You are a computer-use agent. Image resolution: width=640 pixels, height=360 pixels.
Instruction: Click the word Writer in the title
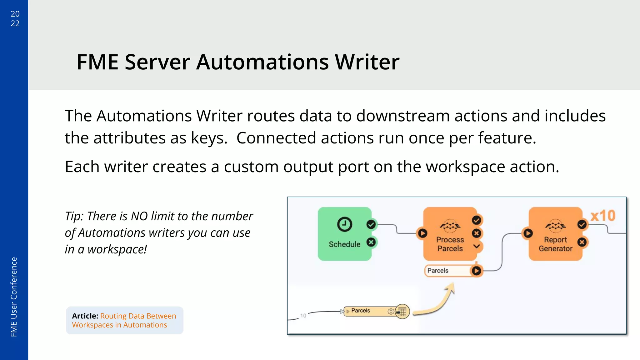click(x=367, y=62)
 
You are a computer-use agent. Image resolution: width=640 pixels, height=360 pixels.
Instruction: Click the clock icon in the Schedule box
click(x=344, y=224)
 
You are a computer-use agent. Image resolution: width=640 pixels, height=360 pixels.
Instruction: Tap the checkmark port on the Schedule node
click(x=371, y=224)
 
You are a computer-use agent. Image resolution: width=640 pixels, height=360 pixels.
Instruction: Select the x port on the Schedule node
click(x=371, y=242)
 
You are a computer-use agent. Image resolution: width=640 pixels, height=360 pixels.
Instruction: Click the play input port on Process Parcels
click(x=422, y=233)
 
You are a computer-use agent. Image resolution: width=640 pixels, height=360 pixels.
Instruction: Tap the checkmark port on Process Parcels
click(x=476, y=220)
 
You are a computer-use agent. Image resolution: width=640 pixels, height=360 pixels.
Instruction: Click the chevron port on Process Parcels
click(x=476, y=246)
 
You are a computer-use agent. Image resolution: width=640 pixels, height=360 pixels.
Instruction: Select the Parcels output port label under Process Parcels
click(x=438, y=271)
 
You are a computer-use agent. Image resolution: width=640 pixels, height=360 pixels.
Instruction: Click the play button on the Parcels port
click(x=476, y=271)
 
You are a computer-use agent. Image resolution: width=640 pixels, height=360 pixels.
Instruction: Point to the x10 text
click(x=603, y=216)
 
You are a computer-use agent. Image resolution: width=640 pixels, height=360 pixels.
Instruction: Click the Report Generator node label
click(x=555, y=244)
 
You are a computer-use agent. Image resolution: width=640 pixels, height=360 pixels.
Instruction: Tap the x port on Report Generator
click(x=582, y=242)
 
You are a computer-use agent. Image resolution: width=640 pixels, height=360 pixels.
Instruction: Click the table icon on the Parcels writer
click(x=402, y=312)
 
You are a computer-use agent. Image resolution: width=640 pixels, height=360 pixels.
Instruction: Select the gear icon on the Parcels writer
click(x=391, y=312)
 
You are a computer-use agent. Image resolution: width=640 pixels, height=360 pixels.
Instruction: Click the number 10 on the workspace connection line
click(x=303, y=316)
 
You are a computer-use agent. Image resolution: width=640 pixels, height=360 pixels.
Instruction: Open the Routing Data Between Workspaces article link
click(x=124, y=320)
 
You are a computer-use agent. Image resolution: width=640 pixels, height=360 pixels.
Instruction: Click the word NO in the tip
click(x=139, y=216)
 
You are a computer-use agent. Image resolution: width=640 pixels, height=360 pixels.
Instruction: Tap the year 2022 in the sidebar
click(x=15, y=18)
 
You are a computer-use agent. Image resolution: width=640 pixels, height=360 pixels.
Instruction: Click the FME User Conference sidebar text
click(x=14, y=297)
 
